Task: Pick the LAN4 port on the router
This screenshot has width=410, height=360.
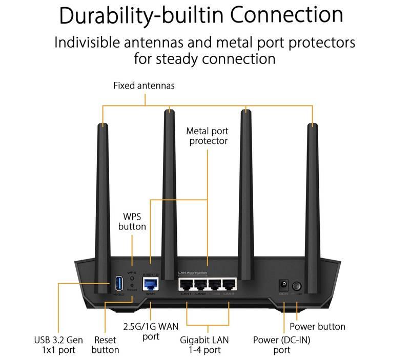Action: pyautogui.click(x=228, y=284)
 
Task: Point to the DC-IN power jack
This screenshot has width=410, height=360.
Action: pyautogui.click(x=282, y=285)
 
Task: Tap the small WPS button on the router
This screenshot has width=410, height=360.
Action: pyautogui.click(x=132, y=279)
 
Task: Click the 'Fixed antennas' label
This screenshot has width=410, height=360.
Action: pyautogui.click(x=143, y=86)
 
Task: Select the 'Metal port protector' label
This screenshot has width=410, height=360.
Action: pyautogui.click(x=207, y=136)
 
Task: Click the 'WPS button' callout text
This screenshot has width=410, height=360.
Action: pyautogui.click(x=132, y=221)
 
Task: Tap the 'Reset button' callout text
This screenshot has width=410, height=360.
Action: pyautogui.click(x=106, y=345)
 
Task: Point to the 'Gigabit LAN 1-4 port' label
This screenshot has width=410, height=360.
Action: pyautogui.click(x=208, y=345)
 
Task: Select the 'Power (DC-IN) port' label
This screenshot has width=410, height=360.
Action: pyautogui.click(x=282, y=345)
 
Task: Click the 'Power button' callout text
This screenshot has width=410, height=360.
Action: pyautogui.click(x=317, y=326)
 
